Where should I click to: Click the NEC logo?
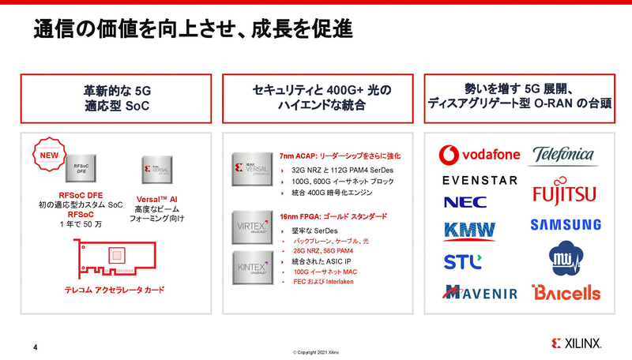point(465,202)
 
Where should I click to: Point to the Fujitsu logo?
point(564,193)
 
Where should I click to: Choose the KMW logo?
point(469,231)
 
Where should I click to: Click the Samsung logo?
point(565,225)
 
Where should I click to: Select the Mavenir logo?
point(480,292)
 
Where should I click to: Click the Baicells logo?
point(566,292)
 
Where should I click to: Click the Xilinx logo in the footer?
point(577,343)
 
